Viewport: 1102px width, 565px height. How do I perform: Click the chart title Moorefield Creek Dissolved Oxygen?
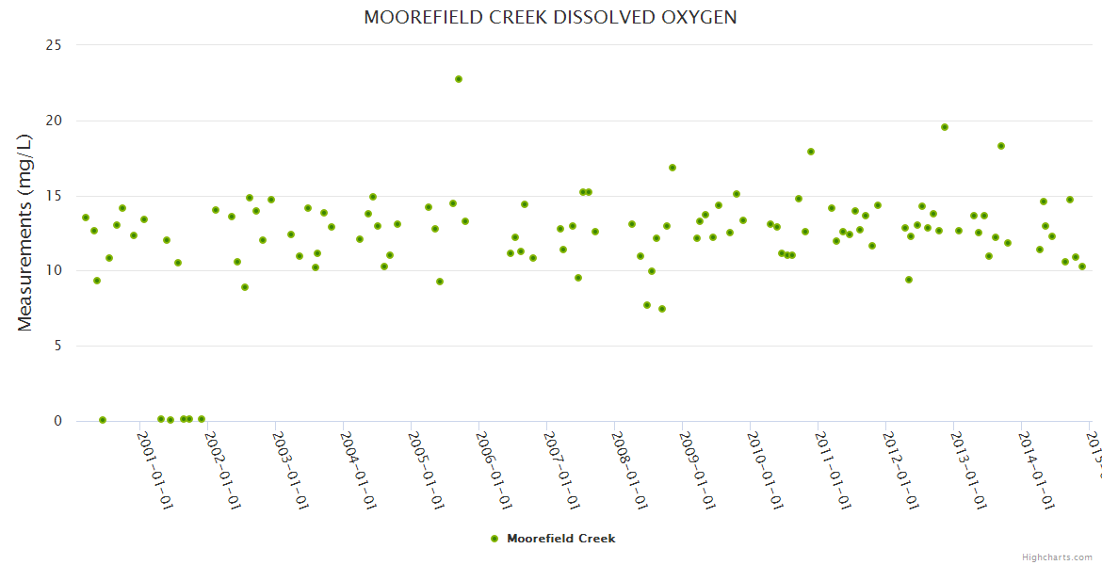click(x=550, y=18)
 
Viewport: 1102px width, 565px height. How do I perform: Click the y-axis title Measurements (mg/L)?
click(x=25, y=233)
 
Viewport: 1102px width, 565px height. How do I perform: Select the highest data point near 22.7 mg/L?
click(x=459, y=79)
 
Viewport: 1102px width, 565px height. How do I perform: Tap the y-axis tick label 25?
click(x=54, y=45)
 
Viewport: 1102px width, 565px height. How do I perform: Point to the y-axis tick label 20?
click(x=54, y=121)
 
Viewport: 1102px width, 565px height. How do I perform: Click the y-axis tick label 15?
click(x=55, y=196)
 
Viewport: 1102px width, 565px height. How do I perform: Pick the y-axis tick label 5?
click(x=58, y=346)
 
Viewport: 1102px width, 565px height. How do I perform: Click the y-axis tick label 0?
click(x=58, y=421)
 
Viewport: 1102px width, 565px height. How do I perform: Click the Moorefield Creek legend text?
click(x=561, y=539)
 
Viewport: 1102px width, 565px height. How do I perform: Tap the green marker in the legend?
click(x=494, y=539)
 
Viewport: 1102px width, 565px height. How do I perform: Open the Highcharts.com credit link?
click(x=1057, y=557)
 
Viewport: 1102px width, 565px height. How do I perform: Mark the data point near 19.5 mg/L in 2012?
click(x=945, y=127)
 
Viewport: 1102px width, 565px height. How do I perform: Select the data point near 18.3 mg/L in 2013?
click(x=1001, y=146)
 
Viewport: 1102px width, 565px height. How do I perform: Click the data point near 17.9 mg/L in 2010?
click(x=811, y=152)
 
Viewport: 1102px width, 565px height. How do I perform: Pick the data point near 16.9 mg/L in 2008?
click(x=673, y=168)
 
